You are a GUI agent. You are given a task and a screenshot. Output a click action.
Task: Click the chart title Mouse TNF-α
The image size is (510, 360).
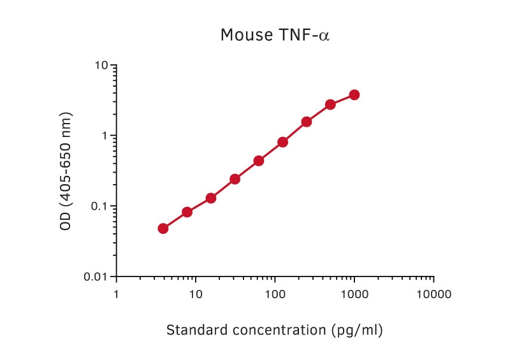pyautogui.click(x=275, y=34)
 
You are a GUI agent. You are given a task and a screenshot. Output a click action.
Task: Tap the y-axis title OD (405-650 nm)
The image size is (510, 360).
pyautogui.click(x=66, y=171)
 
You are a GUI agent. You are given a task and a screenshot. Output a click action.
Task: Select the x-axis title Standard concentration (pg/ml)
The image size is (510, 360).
pyautogui.click(x=275, y=330)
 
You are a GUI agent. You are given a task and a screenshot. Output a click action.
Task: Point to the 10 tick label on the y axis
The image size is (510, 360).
pyautogui.click(x=101, y=66)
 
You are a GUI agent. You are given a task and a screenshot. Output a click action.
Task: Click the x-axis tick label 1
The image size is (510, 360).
pyautogui.click(x=116, y=294)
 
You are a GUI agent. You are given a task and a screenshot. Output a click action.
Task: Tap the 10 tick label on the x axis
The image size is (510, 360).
pyautogui.click(x=196, y=294)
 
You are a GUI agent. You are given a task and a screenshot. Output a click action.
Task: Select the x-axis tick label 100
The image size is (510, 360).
pyautogui.click(x=275, y=294)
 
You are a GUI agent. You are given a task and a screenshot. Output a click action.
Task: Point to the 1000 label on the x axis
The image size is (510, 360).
pyautogui.click(x=354, y=294)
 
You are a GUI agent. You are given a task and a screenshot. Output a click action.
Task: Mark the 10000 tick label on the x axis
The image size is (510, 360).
pyautogui.click(x=433, y=294)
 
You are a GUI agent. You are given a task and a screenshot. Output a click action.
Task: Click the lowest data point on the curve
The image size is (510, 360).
pyautogui.click(x=163, y=228)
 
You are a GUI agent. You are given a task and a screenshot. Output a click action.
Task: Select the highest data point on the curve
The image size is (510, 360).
pyautogui.click(x=354, y=95)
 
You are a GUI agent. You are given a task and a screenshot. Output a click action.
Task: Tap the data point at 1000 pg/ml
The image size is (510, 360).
pyautogui.click(x=354, y=95)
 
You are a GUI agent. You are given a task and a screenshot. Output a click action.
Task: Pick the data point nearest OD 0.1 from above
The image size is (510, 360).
pyautogui.click(x=211, y=198)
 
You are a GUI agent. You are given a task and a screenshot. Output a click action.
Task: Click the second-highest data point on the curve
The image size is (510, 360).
pyautogui.click(x=330, y=104)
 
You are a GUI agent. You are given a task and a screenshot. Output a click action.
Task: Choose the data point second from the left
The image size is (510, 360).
pyautogui.click(x=187, y=212)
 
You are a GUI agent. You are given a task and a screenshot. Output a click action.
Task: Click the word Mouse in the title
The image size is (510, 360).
pyautogui.click(x=240, y=34)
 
